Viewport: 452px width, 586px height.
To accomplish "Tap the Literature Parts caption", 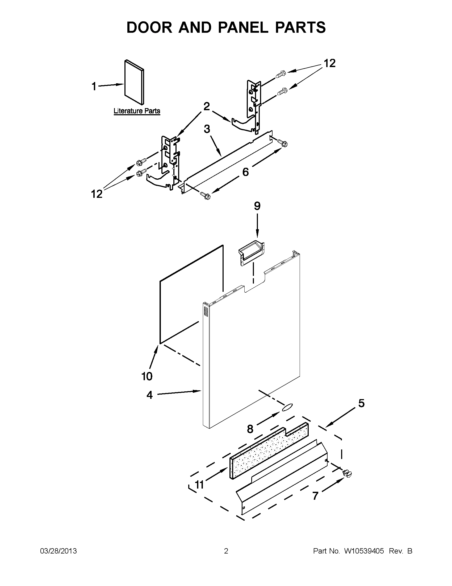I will (137, 111).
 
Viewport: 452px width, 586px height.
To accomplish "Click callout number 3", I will (207, 129).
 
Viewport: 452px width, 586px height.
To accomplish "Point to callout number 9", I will (257, 206).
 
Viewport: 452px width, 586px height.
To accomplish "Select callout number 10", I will (147, 376).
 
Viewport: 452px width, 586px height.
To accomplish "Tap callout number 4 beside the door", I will (149, 395).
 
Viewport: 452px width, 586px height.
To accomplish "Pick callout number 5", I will (361, 403).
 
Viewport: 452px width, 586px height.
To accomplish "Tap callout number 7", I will (315, 496).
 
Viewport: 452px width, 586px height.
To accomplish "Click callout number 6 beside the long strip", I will (245, 172).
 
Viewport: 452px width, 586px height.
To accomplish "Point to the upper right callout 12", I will (329, 64).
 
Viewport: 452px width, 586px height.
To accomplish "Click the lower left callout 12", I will (97, 194).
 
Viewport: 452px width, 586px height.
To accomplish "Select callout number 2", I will (206, 106).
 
